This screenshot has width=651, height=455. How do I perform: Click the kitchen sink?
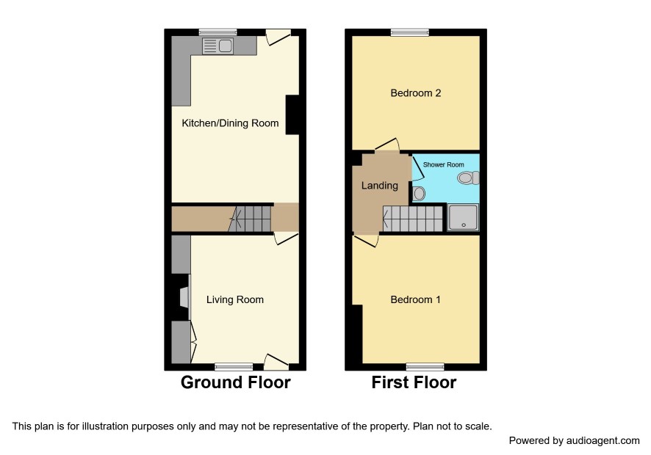click(218, 45)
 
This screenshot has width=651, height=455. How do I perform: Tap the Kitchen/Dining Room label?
click(230, 123)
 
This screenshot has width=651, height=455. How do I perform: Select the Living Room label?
click(235, 299)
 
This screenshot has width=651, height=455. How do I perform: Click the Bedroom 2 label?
click(416, 93)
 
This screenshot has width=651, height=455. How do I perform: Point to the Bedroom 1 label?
click(416, 299)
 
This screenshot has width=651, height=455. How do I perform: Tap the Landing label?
click(379, 186)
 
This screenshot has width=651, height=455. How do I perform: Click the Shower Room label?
click(443, 164)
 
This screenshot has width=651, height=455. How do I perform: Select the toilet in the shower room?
click(468, 178)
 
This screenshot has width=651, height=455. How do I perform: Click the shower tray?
click(464, 217)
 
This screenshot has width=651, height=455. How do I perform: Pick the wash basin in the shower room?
click(419, 193)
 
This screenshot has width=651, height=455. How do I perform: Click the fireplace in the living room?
click(184, 297)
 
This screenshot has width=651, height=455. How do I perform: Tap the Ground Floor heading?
click(235, 382)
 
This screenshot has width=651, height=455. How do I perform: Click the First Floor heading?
click(414, 382)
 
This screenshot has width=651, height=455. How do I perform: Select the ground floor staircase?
click(250, 219)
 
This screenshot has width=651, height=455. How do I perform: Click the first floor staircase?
click(412, 219)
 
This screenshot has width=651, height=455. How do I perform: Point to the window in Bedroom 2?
click(410, 32)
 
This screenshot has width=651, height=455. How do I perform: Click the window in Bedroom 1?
click(425, 367)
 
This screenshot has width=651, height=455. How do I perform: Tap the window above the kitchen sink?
click(218, 32)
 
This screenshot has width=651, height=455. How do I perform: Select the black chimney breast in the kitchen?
click(292, 115)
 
